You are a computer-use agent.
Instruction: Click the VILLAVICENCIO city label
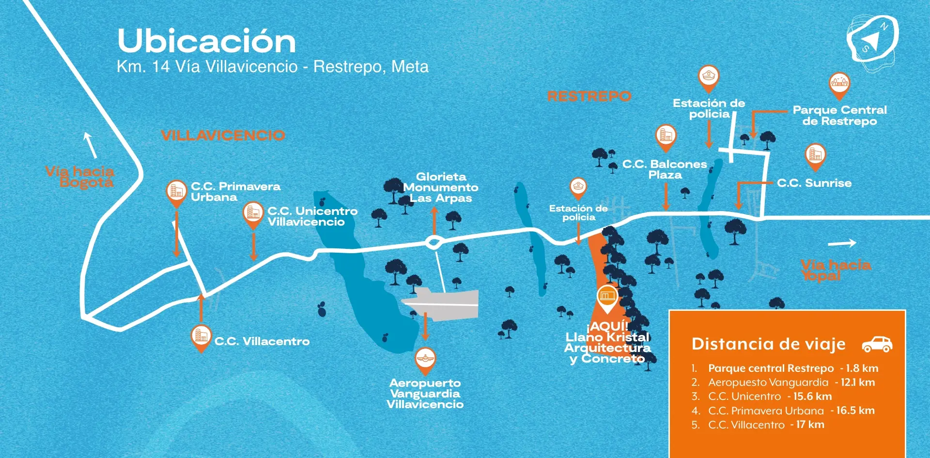tap(223, 135)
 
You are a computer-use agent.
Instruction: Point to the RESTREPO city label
tap(589, 96)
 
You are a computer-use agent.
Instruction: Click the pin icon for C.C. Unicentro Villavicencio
tap(253, 214)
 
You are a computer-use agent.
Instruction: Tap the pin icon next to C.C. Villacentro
tap(201, 336)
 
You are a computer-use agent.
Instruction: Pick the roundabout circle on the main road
tap(433, 242)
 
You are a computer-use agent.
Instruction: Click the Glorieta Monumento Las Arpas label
tap(440, 187)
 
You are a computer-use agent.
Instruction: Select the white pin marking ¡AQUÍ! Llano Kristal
tap(607, 297)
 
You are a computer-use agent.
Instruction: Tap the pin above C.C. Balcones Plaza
tap(666, 137)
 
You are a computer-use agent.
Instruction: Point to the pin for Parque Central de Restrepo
tap(839, 84)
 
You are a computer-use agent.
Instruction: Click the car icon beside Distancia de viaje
tap(877, 344)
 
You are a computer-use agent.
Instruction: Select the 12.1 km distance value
tap(858, 382)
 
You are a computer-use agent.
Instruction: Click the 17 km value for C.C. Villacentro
tap(810, 425)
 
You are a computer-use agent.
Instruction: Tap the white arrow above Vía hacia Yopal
tap(842, 243)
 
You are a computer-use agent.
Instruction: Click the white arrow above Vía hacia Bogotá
tap(90, 145)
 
